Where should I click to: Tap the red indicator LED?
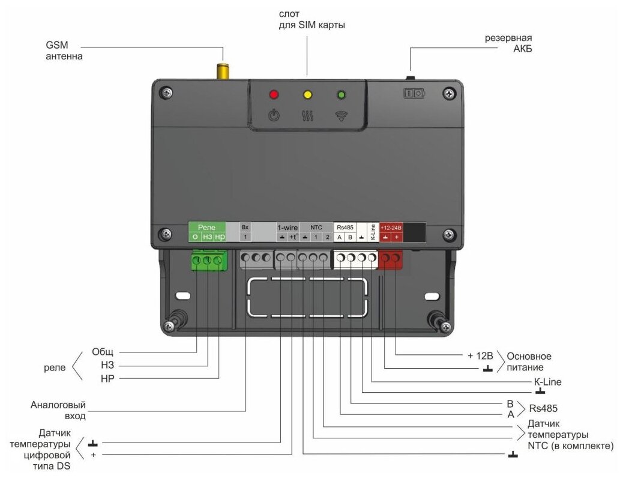pyautogui.click(x=274, y=94)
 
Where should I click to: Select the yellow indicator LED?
pyautogui.click(x=308, y=94)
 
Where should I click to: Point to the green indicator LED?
pyautogui.click(x=342, y=94)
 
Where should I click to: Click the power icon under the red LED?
pyautogui.click(x=274, y=115)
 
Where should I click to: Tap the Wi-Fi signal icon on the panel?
pyautogui.click(x=342, y=115)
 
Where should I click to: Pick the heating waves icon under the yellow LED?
pyautogui.click(x=308, y=115)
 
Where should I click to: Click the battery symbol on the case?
pyautogui.click(x=414, y=94)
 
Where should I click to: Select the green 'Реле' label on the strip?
pyautogui.click(x=206, y=228)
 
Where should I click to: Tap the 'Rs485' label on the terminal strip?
pyautogui.click(x=345, y=228)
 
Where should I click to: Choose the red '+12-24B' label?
pyautogui.click(x=391, y=228)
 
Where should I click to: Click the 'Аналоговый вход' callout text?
pyautogui.click(x=58, y=410)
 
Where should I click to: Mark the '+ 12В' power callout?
pyautogui.click(x=481, y=355)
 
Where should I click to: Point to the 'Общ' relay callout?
pyautogui.click(x=102, y=352)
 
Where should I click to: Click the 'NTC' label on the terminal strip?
pyautogui.click(x=316, y=228)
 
